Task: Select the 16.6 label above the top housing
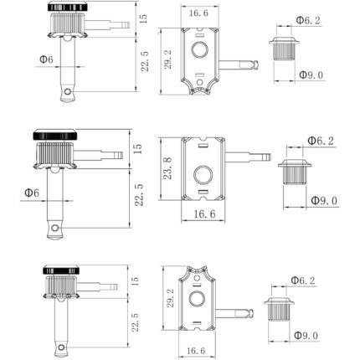[198, 13]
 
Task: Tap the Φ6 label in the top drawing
[47, 59]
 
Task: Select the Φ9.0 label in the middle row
[323, 200]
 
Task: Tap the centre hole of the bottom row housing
[198, 299]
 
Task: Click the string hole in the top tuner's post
[72, 93]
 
